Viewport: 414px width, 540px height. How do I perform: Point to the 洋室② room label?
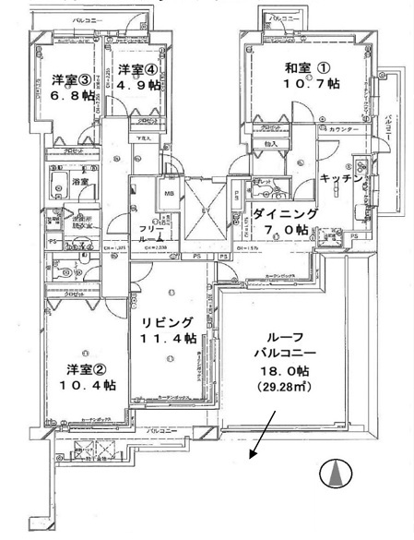(x=89, y=369)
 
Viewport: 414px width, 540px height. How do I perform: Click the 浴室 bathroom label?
(x=82, y=183)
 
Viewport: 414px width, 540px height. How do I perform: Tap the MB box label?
(x=171, y=193)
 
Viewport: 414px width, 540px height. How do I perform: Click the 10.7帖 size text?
(x=289, y=84)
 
